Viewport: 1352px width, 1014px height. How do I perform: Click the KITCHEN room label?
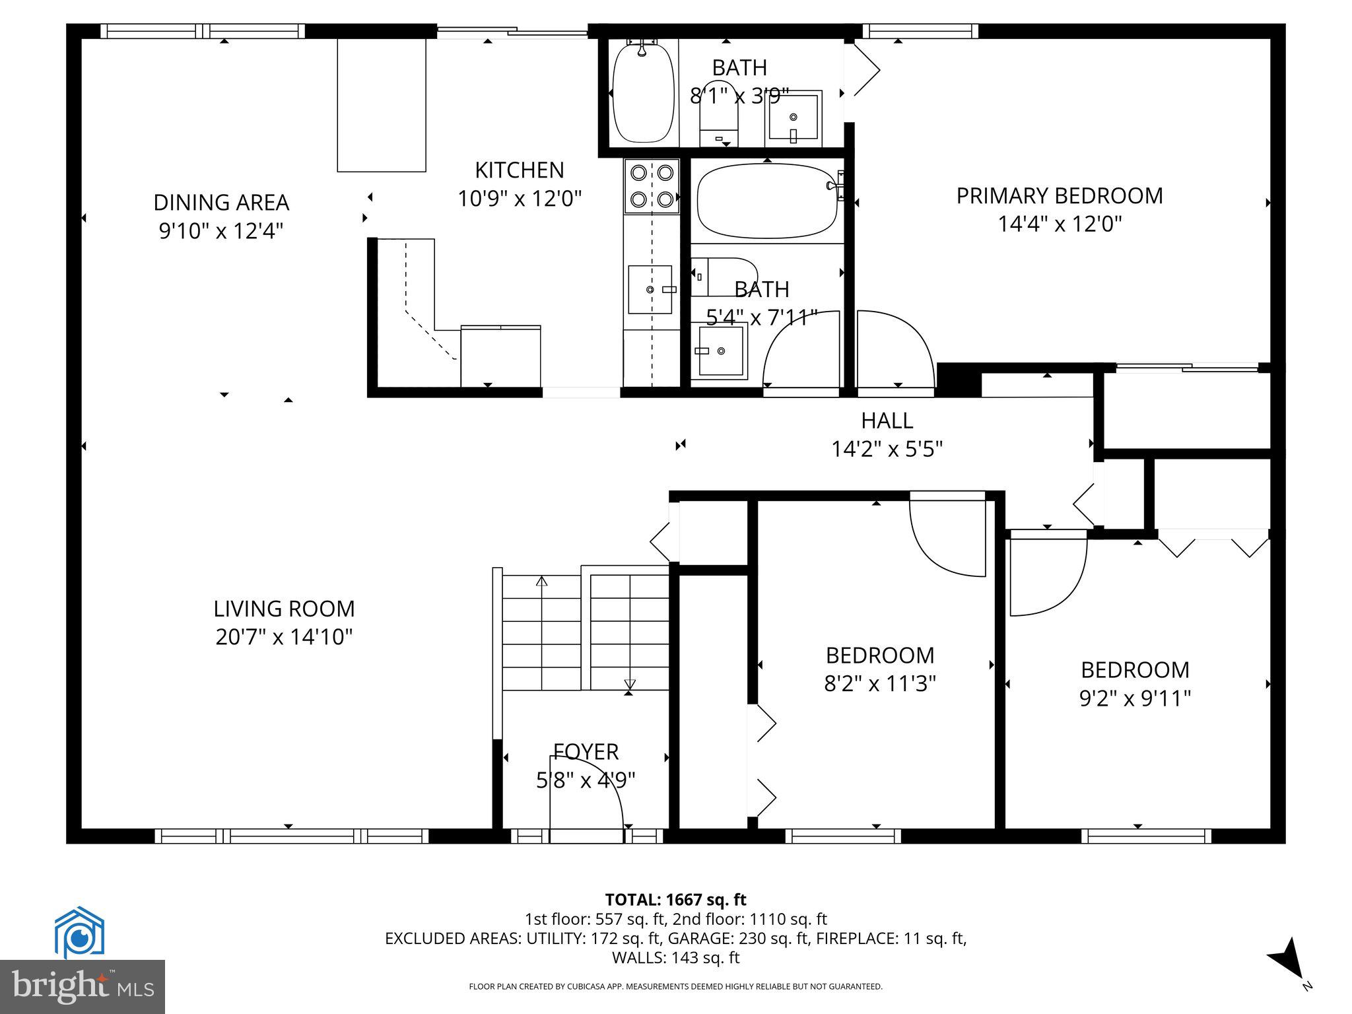(x=520, y=170)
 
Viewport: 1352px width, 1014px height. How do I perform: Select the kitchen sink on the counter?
(x=650, y=289)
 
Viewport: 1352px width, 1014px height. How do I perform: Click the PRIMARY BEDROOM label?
(x=1059, y=196)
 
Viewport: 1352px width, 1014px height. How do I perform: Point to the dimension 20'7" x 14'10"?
(x=284, y=637)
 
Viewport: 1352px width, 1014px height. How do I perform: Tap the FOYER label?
(x=586, y=751)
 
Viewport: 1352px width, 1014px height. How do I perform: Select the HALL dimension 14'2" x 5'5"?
(x=886, y=450)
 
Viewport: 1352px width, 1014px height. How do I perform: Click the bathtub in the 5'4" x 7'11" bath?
(x=766, y=201)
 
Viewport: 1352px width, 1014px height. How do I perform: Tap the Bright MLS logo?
(x=83, y=986)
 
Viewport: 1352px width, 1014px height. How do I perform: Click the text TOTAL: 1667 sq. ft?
(x=675, y=899)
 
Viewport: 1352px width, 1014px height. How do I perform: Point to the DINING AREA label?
(x=221, y=202)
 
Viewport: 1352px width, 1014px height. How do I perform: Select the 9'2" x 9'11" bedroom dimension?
(x=1135, y=698)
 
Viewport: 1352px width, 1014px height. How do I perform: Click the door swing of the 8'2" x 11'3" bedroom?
(x=947, y=535)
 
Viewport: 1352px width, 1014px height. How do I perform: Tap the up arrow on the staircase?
(x=542, y=582)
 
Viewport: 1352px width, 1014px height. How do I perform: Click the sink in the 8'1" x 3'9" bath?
(x=793, y=119)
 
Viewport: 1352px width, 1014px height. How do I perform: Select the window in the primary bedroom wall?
(x=920, y=31)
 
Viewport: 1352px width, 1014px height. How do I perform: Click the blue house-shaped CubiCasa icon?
(x=80, y=932)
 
